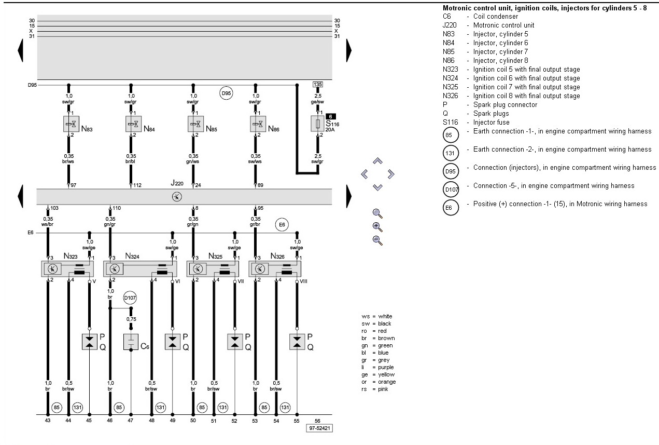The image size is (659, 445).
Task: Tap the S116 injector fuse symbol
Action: tap(317, 125)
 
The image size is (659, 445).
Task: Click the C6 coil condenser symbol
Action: tap(131, 342)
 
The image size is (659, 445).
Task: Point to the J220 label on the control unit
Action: tap(177, 183)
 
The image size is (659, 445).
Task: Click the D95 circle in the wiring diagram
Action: tap(226, 93)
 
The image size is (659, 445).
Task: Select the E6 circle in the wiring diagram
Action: tap(282, 225)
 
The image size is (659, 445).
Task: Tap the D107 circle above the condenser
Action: tap(130, 298)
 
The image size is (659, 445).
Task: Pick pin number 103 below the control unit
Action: tap(54, 208)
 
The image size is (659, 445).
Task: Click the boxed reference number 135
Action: tap(318, 84)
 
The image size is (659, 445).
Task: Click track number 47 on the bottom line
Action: tap(131, 421)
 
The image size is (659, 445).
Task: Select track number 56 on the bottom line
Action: tap(317, 421)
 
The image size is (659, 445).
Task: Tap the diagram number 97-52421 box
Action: tap(319, 429)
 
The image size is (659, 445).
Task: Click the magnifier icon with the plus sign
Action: tap(377, 226)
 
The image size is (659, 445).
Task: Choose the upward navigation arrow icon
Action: tap(377, 161)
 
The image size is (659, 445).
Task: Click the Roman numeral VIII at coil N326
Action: tap(302, 281)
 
